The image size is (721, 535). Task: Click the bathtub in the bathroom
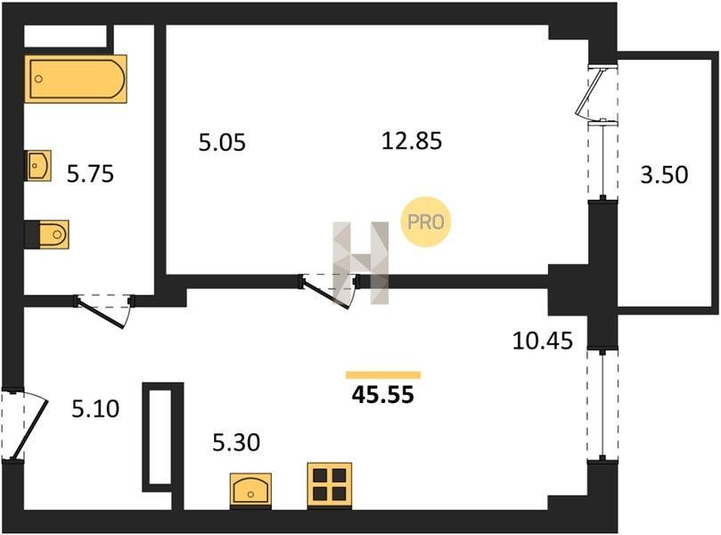click(76, 78)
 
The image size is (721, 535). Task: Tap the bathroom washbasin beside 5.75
click(37, 165)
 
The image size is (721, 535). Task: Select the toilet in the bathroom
click(47, 235)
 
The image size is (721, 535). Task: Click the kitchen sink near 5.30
click(250, 490)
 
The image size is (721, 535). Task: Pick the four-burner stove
click(330, 486)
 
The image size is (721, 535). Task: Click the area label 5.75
click(90, 175)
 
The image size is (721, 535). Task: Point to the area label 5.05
click(222, 142)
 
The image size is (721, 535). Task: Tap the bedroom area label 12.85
click(412, 140)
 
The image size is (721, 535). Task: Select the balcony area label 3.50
click(664, 175)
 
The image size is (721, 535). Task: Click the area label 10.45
click(543, 341)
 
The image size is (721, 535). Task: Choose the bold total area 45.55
click(382, 395)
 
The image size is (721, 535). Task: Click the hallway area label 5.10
click(95, 408)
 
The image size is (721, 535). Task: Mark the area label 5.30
click(236, 442)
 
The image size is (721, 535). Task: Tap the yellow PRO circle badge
click(426, 222)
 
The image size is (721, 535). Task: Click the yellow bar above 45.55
click(383, 374)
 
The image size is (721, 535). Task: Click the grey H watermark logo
click(361, 263)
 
